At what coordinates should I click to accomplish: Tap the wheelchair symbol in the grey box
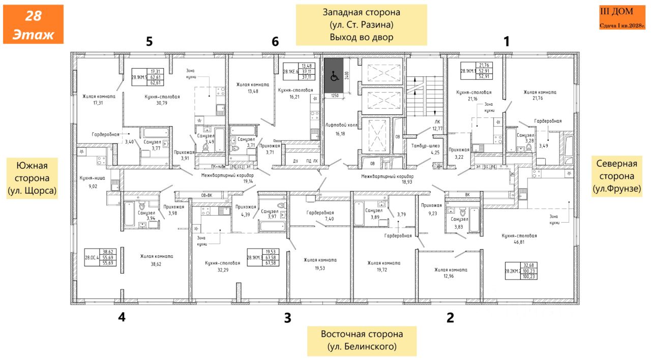point(335,77)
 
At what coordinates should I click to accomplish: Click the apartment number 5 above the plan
point(149,42)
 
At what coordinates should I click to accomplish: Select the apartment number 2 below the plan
point(450,318)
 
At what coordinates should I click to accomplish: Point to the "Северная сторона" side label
point(616,176)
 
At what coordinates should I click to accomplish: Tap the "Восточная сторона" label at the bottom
point(362,341)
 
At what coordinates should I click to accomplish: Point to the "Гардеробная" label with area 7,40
point(320,213)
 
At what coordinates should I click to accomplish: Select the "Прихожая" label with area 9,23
point(431,205)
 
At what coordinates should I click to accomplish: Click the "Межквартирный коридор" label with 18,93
point(387,176)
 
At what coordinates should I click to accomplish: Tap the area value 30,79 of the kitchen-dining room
point(154,103)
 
